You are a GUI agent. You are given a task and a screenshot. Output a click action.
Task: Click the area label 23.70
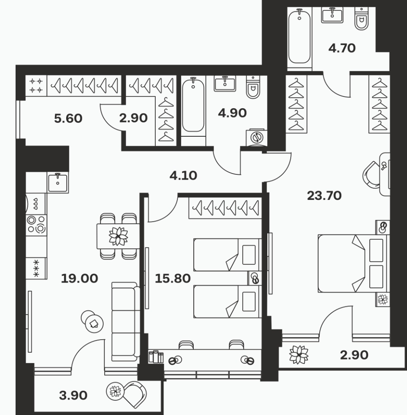[324, 196]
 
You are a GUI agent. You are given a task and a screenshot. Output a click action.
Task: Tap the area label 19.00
[79, 278]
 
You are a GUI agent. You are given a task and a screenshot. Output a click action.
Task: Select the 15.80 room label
[173, 278]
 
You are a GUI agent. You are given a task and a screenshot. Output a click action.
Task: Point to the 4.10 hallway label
[183, 175]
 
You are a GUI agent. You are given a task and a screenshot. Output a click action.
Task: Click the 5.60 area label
[68, 118]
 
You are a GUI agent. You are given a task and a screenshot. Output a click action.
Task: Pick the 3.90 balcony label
[73, 396]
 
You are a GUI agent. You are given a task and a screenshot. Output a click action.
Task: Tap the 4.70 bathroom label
[342, 48]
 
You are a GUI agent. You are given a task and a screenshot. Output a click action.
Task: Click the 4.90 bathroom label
[232, 113]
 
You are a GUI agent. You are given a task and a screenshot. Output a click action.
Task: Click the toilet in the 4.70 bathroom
[362, 19]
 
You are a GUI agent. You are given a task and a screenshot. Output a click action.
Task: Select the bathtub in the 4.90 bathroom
[193, 106]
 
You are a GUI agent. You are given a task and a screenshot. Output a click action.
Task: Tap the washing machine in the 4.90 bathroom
[256, 138]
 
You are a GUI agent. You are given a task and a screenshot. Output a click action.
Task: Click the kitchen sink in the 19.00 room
[58, 182]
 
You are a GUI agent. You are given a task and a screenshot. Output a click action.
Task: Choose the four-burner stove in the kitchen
[36, 225]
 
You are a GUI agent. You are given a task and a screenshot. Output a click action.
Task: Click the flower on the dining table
[118, 236]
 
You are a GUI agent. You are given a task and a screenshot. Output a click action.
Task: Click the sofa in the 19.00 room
[126, 321]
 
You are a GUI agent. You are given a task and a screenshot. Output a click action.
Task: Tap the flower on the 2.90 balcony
[299, 355]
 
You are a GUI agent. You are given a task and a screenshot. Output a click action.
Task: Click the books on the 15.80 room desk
[156, 357]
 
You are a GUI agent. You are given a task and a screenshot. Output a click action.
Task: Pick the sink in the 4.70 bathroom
[332, 15]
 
